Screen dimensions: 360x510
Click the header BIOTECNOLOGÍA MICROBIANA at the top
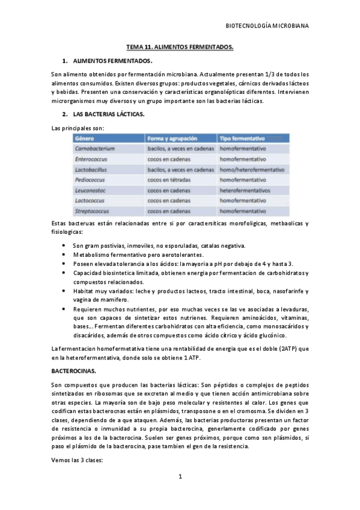click(x=266, y=26)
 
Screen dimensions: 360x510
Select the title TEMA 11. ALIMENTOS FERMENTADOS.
click(x=180, y=46)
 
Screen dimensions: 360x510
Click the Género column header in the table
click(x=84, y=138)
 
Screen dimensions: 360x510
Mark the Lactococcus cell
click(x=91, y=201)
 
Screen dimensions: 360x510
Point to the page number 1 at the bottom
click(x=180, y=477)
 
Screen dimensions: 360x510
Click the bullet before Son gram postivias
click(x=64, y=246)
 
